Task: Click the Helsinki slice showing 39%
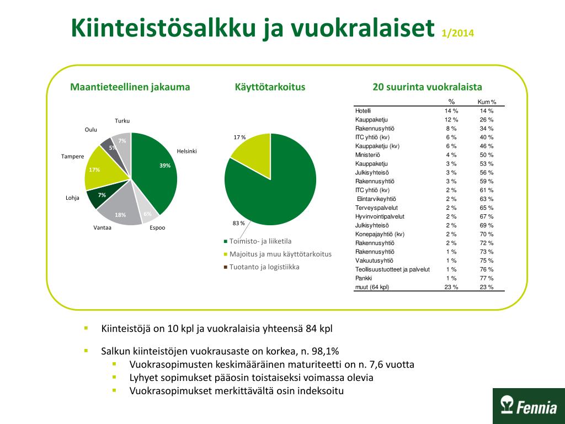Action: point(157,171)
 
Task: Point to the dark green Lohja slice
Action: point(99,197)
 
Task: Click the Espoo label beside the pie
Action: point(157,227)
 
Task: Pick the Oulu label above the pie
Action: point(91,130)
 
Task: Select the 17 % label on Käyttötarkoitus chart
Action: point(239,137)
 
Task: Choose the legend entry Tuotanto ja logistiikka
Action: point(264,267)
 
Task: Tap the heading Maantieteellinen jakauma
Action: point(130,87)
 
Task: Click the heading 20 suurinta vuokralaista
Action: point(428,87)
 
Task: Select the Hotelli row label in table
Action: point(363,111)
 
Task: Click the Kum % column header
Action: point(487,102)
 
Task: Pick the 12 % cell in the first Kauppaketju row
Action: point(451,120)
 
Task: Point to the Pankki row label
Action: point(364,278)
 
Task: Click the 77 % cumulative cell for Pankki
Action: point(487,278)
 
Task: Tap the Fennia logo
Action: point(529,406)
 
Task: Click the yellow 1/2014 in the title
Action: point(458,33)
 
